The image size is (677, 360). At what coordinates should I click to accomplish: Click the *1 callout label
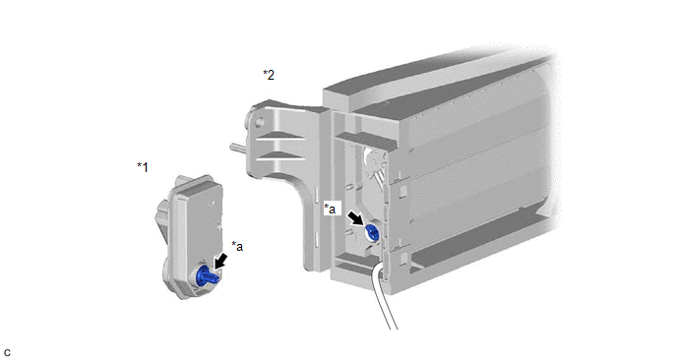coord(143,166)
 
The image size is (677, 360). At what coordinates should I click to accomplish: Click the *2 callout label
coord(269,75)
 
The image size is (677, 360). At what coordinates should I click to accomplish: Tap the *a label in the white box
coord(330,209)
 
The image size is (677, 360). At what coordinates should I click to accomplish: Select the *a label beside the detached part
coord(237,246)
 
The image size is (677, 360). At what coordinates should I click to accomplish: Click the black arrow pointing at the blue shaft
coord(220,262)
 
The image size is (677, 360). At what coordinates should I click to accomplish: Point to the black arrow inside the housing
coord(357,218)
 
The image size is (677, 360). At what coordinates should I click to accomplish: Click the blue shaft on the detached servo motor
coord(208,275)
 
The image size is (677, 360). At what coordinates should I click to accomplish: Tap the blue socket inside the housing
coord(372,233)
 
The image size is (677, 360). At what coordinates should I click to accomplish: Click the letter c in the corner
coord(7,353)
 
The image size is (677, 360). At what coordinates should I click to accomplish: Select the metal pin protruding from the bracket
coord(238,148)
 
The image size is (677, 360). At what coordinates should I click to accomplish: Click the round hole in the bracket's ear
coord(259,122)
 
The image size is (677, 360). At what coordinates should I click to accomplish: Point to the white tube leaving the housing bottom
coord(386,297)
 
